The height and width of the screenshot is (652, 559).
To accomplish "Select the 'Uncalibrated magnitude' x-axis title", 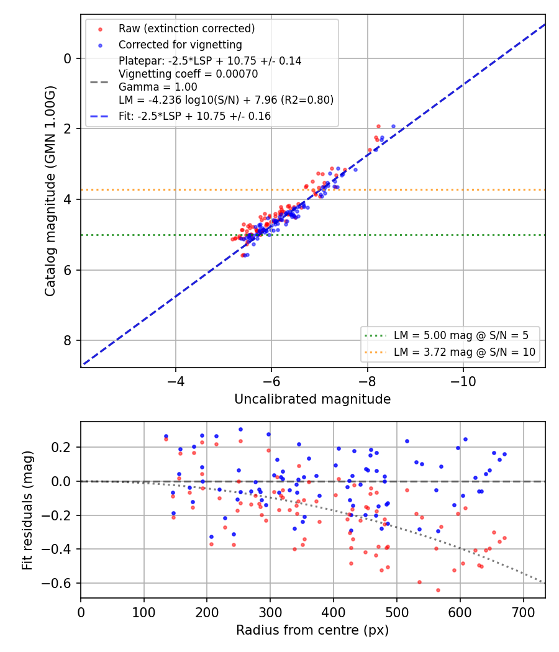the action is pyautogui.click(x=312, y=399).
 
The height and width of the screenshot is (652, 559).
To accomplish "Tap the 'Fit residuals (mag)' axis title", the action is pyautogui.click(x=27, y=510).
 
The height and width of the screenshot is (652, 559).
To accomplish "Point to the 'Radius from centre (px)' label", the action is pyautogui.click(x=312, y=630).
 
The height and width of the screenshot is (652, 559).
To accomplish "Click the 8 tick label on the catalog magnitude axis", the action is pyautogui.click(x=67, y=340).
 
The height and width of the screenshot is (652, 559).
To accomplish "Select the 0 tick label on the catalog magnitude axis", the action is pyautogui.click(x=67, y=58).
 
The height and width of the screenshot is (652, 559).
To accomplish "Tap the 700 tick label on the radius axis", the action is pyautogui.click(x=523, y=612).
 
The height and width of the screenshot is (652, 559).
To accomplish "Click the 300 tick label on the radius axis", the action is pyautogui.click(x=270, y=612).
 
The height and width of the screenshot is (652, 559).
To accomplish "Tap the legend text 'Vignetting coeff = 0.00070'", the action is pyautogui.click(x=188, y=74).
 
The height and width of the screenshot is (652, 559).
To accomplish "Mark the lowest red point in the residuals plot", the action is pyautogui.click(x=438, y=590).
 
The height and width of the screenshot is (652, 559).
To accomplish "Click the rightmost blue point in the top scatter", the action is pyautogui.click(x=393, y=127).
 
